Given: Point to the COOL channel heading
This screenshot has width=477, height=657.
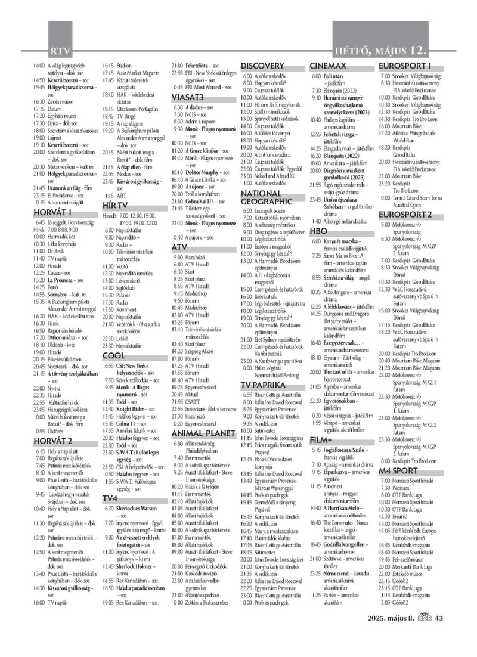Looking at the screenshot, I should click(x=113, y=356).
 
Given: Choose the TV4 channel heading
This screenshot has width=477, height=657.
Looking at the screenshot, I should click(x=109, y=498).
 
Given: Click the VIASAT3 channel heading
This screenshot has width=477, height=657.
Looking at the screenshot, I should click(x=188, y=97).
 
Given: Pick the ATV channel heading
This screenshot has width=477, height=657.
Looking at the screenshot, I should click(x=179, y=246).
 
